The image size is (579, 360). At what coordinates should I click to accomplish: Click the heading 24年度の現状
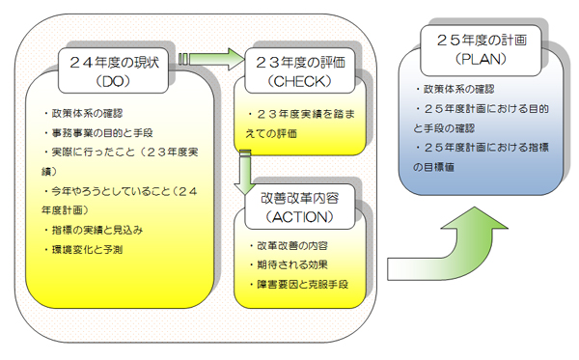click(x=118, y=60)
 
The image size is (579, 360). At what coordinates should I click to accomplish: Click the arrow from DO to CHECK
click(x=209, y=60)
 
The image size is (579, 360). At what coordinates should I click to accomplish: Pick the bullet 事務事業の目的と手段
click(x=109, y=133)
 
